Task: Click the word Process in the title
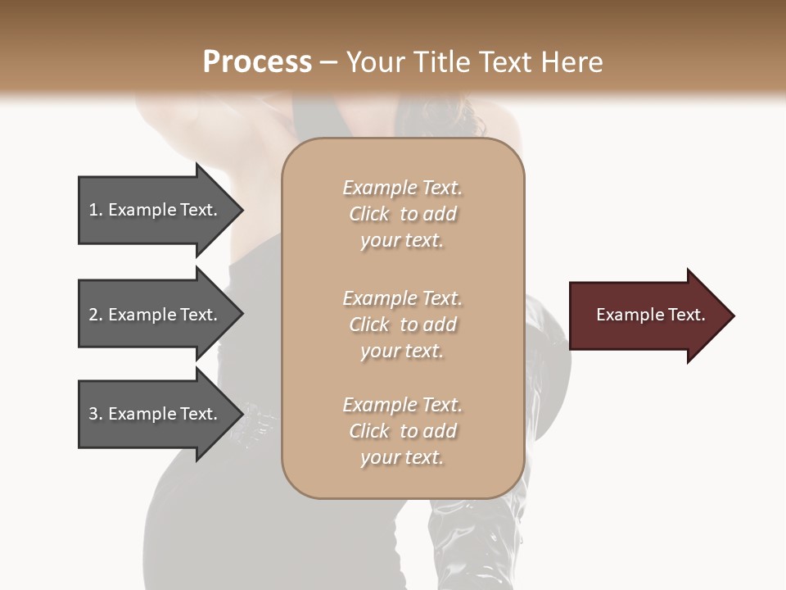tap(257, 62)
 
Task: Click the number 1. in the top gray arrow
tap(95, 210)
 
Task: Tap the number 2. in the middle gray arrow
tap(95, 315)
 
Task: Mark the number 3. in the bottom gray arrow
tap(95, 414)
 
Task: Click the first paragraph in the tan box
tap(402, 214)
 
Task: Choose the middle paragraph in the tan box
tap(402, 324)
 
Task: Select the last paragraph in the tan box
tap(402, 431)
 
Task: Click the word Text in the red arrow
tap(685, 315)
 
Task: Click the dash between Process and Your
tap(329, 62)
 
